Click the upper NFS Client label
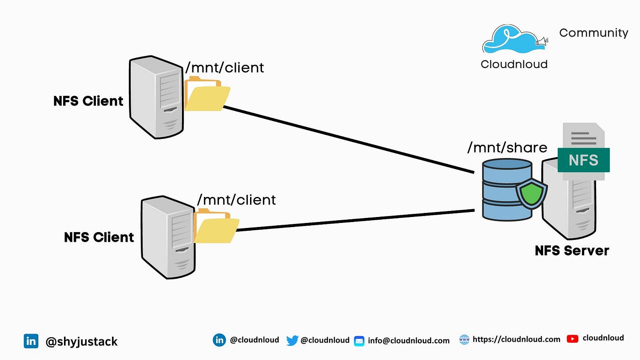[x=88, y=101]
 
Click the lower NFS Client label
[x=99, y=237]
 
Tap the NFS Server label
[x=572, y=251]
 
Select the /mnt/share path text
[x=507, y=148]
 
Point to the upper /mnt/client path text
[x=224, y=68]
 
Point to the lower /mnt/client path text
[x=236, y=200]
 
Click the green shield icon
[x=531, y=194]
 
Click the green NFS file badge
[x=584, y=160]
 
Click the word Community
[x=594, y=33]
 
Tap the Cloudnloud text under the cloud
[x=514, y=64]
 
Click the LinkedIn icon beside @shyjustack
[x=31, y=341]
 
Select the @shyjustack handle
[x=81, y=342]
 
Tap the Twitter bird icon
[x=292, y=340]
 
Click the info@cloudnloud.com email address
[x=409, y=341]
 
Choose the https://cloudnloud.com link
[x=516, y=339]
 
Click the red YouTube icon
[x=572, y=339]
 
